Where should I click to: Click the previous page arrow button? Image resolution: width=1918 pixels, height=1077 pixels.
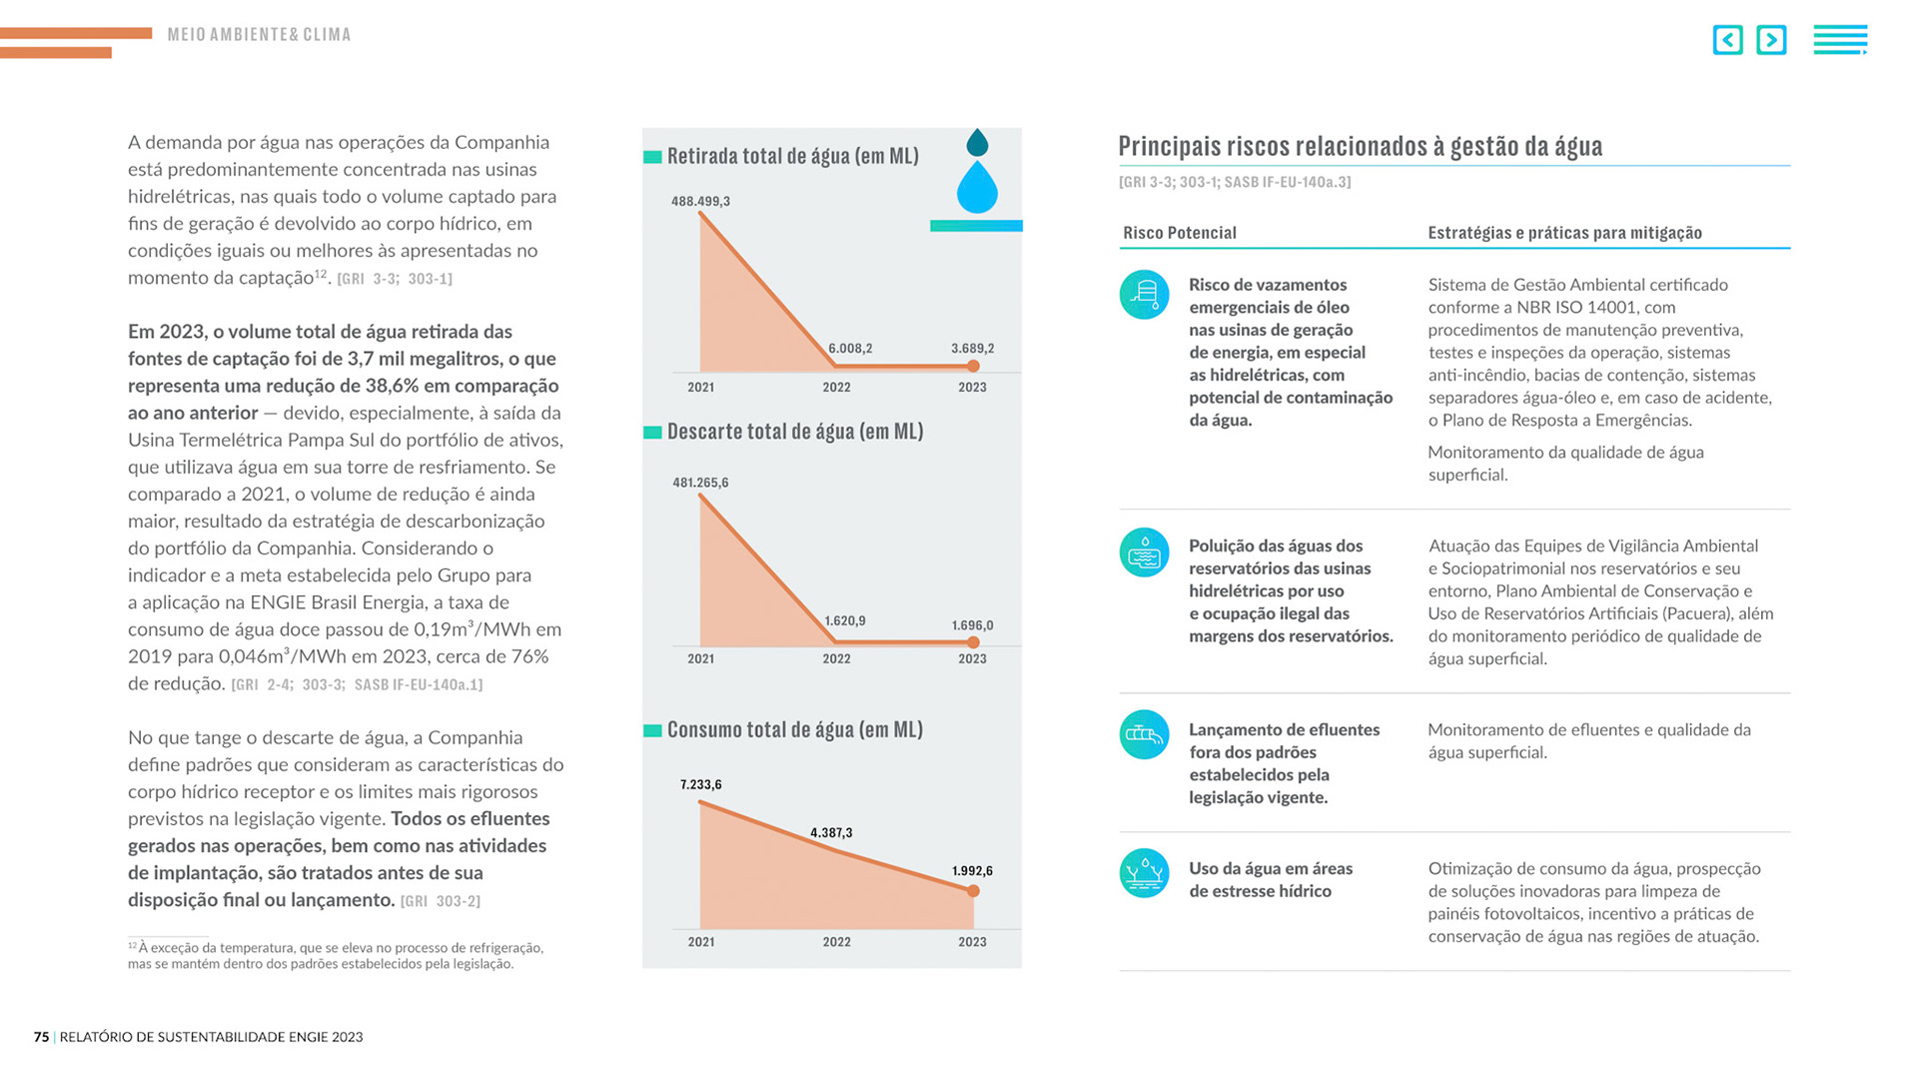coord(1727,40)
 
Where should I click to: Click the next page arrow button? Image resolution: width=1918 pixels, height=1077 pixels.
coord(1771,40)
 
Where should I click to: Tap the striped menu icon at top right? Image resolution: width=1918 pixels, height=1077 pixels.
coord(1840,40)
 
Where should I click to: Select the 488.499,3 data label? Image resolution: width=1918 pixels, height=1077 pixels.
coord(700,202)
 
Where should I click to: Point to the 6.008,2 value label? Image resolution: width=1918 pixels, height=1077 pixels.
coord(850,349)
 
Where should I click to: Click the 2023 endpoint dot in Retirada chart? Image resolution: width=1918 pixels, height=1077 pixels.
coord(973,367)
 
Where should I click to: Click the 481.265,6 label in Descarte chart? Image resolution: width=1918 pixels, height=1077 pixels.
coord(700,483)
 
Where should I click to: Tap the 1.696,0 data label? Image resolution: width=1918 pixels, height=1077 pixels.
coord(972,626)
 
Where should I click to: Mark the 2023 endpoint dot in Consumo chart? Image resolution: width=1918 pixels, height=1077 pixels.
coord(973,891)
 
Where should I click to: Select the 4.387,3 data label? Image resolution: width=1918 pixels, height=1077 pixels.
coord(831,833)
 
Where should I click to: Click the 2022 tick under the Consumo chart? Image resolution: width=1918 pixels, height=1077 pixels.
coord(836,942)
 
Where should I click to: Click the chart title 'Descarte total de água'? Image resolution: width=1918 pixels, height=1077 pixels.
coord(794,432)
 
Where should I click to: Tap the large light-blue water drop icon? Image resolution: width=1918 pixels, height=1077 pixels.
coord(977,188)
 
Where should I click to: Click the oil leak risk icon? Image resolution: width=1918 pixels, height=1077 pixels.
coord(1144,295)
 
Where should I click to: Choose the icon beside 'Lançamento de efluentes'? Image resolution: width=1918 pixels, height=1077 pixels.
coord(1144,735)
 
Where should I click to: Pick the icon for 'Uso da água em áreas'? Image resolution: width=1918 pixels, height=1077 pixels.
coord(1144,873)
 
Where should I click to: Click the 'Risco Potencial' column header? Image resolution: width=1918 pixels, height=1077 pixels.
coord(1179,233)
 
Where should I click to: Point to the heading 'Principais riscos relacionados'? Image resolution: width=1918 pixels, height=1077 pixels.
coord(1360,147)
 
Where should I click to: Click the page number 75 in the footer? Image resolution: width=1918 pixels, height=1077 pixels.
coord(41,1037)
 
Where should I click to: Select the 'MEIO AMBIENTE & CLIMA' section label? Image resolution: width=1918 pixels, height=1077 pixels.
coord(259,35)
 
